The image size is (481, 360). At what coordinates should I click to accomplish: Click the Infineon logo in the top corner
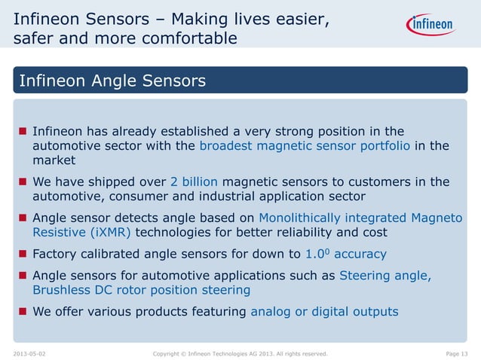(432, 25)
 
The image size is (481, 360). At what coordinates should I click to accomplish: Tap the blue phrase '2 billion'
(195, 182)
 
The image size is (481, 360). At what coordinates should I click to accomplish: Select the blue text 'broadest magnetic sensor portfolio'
(305, 145)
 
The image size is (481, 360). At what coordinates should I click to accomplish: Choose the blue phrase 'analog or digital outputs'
(324, 311)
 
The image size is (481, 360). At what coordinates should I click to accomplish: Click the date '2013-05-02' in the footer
(29, 352)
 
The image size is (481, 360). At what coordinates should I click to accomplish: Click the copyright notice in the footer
(240, 352)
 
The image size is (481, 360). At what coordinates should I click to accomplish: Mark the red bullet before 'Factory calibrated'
(22, 255)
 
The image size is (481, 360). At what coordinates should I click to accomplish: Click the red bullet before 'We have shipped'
(22, 182)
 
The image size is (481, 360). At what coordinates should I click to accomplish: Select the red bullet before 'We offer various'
(22, 312)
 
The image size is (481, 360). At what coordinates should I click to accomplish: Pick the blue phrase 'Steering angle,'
(385, 275)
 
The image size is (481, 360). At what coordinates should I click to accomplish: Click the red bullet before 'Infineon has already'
(22, 131)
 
